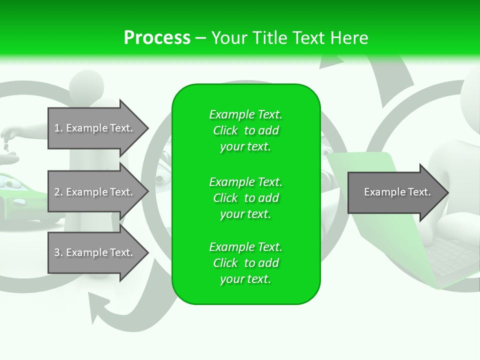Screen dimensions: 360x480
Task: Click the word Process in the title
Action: [157, 38]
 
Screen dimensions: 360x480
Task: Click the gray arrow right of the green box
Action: [395, 192]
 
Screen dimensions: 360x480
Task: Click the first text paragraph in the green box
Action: [245, 130]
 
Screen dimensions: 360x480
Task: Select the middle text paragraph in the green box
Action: [245, 198]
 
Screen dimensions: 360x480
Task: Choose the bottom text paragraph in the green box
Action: [245, 263]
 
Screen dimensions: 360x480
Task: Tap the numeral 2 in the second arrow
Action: [57, 192]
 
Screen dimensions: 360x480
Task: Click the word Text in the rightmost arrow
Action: [419, 192]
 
